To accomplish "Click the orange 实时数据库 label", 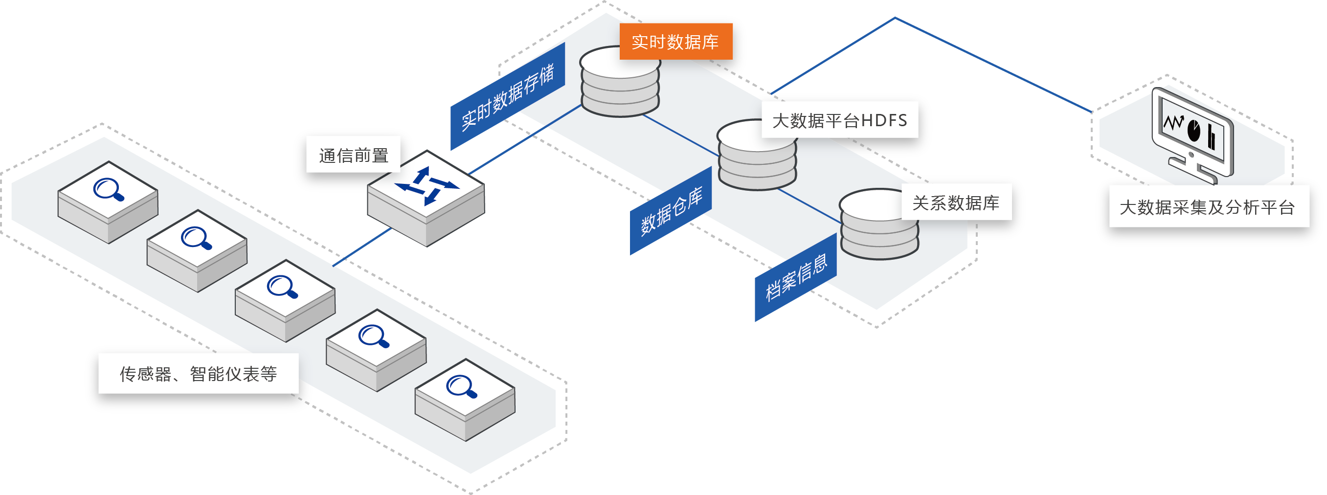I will (x=675, y=42).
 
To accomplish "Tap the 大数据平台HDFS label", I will (x=840, y=120).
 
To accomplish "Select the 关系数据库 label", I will (x=956, y=203).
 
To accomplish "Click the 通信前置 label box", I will (x=353, y=155).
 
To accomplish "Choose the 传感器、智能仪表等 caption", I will (x=198, y=373).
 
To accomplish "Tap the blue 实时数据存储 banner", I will (x=507, y=96).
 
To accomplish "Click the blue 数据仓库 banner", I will (x=671, y=211).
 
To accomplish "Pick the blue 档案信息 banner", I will (x=795, y=277).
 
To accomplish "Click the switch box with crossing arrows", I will (x=426, y=198).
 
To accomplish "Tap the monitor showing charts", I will (x=1192, y=135).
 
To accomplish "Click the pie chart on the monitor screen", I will (x=1193, y=131).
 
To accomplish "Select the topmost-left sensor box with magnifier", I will (x=108, y=202).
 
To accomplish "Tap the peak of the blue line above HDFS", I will (x=895, y=18).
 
